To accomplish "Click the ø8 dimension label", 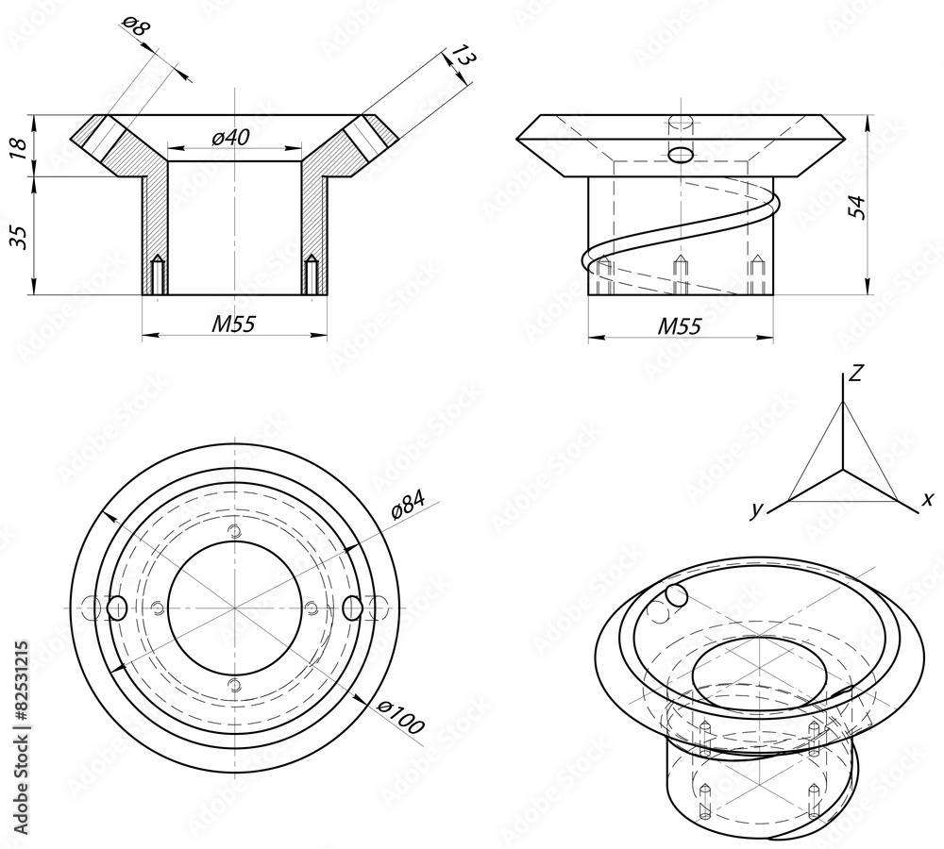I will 137,27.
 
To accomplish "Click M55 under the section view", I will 233,325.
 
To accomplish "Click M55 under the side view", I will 679,326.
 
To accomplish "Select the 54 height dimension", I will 857,205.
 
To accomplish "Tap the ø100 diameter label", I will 400,719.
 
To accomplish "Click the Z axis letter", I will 855,374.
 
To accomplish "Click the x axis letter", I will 927,499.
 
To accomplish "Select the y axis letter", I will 756,510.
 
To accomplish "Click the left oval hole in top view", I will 117,607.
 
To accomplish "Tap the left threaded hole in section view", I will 159,274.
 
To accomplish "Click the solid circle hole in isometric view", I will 675,594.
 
